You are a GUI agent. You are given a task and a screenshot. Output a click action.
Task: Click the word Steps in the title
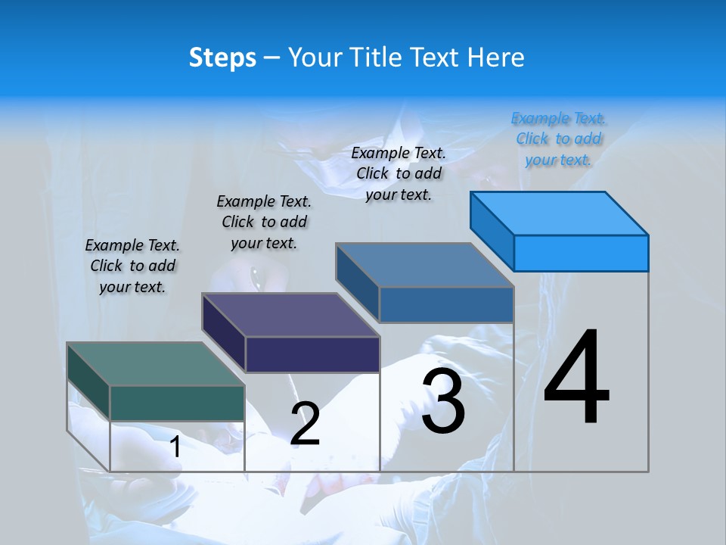click(222, 58)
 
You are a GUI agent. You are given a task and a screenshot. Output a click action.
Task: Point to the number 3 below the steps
click(443, 401)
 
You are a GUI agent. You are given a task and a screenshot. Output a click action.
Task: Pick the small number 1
click(175, 447)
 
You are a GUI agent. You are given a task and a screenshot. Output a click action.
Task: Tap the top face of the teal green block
click(155, 364)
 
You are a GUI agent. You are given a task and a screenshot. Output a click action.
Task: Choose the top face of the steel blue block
click(424, 265)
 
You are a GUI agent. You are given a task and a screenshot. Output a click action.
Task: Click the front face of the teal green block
click(177, 403)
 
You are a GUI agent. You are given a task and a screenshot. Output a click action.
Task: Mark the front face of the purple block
click(312, 354)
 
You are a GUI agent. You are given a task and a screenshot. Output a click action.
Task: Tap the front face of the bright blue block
click(581, 253)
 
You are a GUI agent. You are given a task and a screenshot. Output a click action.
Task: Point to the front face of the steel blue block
click(446, 304)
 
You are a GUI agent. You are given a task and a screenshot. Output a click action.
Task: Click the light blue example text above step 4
click(559, 139)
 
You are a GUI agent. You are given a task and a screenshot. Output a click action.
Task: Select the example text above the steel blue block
click(399, 173)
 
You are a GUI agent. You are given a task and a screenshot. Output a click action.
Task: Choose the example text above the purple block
click(264, 222)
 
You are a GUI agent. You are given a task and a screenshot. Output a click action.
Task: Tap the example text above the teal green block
click(132, 266)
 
